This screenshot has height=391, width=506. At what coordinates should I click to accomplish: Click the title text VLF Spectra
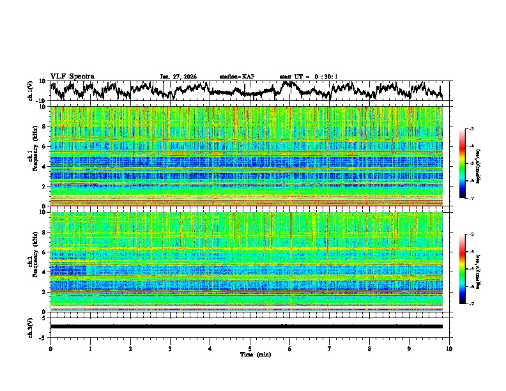pos(72,76)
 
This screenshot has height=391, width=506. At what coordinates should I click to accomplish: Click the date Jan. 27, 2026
pos(178,77)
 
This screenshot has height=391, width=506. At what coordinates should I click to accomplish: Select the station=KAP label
pos(237,77)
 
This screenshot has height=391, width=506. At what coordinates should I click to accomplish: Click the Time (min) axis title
pos(250,354)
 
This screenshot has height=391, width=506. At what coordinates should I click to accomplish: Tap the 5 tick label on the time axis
pos(250,348)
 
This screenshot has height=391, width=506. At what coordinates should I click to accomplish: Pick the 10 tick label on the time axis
pos(449,348)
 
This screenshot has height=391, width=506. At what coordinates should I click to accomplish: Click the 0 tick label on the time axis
pos(50,348)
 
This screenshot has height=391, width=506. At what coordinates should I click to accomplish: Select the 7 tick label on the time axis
pos(330,348)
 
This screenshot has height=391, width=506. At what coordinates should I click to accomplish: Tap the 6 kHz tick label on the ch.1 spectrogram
pos(45,146)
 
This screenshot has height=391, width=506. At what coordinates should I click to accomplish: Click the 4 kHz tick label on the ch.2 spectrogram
pos(45,272)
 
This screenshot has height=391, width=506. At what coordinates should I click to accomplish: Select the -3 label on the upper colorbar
pos(471,129)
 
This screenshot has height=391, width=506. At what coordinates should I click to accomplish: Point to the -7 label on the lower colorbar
pos(471,304)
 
